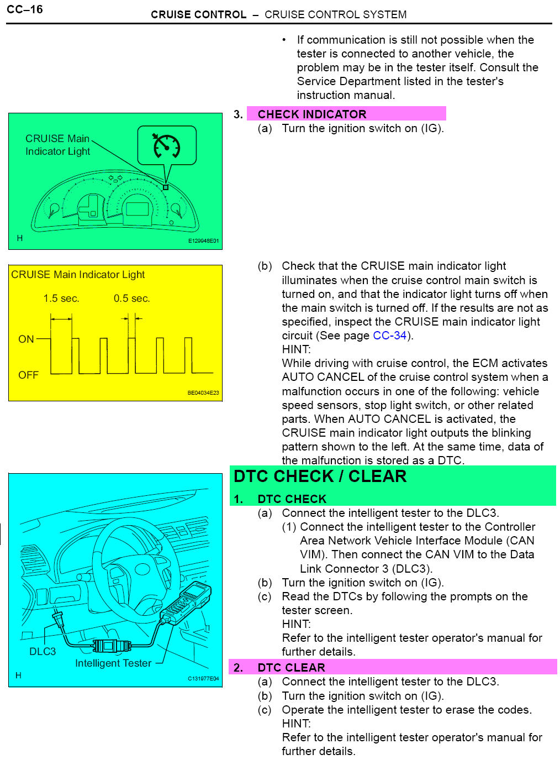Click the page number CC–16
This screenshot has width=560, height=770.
(x=25, y=9)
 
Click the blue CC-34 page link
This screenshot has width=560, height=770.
(x=389, y=336)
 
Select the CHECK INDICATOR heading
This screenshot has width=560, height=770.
(x=311, y=114)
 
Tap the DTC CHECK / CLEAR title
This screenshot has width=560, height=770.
(x=320, y=476)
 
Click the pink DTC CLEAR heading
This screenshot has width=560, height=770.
(x=291, y=668)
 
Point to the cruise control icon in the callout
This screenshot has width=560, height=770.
(x=166, y=145)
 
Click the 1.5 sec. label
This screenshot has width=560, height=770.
(x=61, y=298)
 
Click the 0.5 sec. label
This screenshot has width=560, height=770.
(x=131, y=298)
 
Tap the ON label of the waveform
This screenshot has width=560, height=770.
(x=26, y=339)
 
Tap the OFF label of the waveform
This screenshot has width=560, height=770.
(x=28, y=375)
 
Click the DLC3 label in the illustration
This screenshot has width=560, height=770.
(x=43, y=652)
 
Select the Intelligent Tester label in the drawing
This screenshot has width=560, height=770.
(x=113, y=663)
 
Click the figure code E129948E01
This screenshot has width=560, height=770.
(x=203, y=241)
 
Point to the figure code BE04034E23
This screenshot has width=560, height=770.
(x=203, y=393)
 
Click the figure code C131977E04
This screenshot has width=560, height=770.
(x=203, y=679)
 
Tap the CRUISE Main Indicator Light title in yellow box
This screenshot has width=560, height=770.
(x=78, y=275)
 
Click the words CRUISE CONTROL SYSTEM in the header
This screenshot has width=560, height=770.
(x=335, y=15)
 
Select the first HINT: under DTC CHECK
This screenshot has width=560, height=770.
(x=296, y=624)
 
